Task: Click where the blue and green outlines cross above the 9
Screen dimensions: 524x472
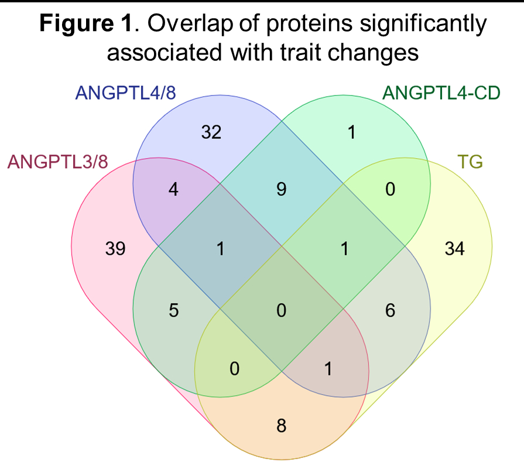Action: [x=282, y=122]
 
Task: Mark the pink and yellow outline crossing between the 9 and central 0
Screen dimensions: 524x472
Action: [x=282, y=246]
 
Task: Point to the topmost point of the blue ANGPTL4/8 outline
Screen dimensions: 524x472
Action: [x=220, y=95]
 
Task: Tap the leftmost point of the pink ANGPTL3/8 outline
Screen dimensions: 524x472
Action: [x=71, y=246]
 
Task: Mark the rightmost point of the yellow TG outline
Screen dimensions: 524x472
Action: [x=492, y=246]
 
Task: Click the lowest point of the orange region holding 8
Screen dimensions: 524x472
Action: [x=282, y=460]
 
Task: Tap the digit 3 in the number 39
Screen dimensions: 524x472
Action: [x=110, y=249]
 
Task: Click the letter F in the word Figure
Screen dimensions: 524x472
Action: [x=45, y=23]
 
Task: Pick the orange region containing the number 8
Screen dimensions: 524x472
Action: [x=282, y=425]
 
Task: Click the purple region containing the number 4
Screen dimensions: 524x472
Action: [x=174, y=189]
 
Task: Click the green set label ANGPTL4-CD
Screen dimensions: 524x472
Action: [x=441, y=93]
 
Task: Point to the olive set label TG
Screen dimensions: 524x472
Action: [x=470, y=162]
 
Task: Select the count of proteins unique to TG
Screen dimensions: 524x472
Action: [x=454, y=249]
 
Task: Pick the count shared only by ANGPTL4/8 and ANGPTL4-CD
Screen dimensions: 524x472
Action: [x=282, y=189]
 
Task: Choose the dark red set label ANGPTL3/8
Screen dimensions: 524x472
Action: [x=57, y=162]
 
